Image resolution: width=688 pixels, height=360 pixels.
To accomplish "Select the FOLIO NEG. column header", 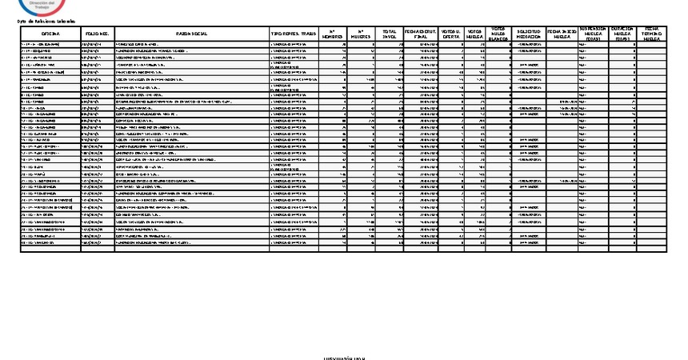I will [96, 34].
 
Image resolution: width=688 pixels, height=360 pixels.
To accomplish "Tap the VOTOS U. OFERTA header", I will [452, 34].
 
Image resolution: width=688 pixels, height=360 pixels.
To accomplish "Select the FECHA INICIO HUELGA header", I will [562, 34].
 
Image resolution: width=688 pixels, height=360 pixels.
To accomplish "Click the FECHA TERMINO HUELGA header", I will [651, 33].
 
